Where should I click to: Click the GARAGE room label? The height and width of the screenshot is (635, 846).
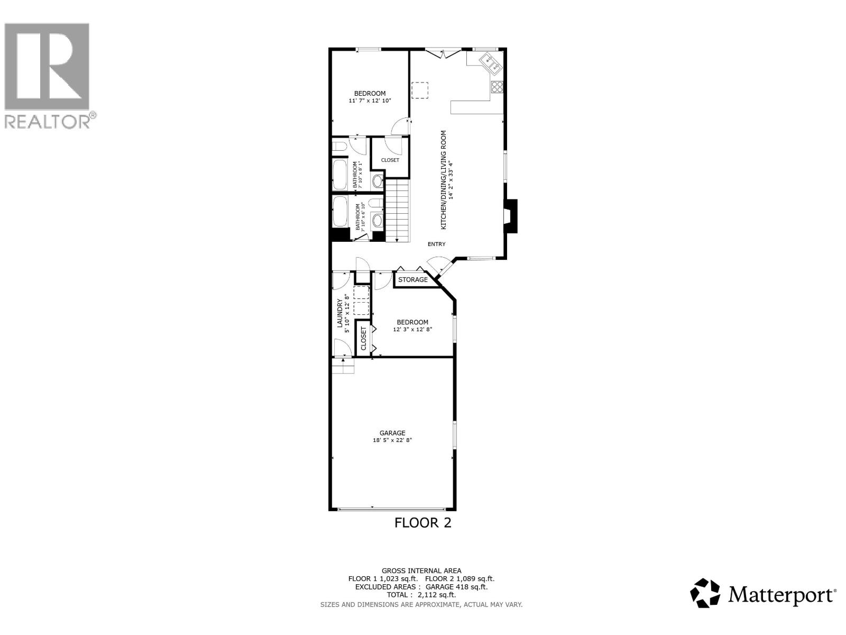coord(392,433)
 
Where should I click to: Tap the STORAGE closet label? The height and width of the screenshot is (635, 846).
coord(413,279)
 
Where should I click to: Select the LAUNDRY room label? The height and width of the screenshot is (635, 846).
coord(340,313)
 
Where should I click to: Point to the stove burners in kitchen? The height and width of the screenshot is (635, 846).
coord(497,87)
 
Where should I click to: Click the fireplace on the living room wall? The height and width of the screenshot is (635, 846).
coord(510,216)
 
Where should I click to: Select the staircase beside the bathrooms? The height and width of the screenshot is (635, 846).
coord(397,210)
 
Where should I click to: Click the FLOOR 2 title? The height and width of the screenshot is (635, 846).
coord(423,523)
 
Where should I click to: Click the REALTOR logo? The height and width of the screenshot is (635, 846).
coord(49,74)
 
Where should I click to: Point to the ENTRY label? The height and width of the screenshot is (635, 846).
coord(437,244)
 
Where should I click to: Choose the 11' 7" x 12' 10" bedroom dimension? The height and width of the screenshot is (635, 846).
coord(370,101)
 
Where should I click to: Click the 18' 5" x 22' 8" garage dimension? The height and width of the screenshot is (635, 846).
coord(392,440)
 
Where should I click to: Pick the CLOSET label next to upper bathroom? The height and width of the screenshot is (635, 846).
coord(390,160)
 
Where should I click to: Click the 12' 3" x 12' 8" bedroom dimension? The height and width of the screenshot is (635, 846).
coord(412,329)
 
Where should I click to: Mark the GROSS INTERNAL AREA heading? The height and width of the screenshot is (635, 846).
coord(421,570)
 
